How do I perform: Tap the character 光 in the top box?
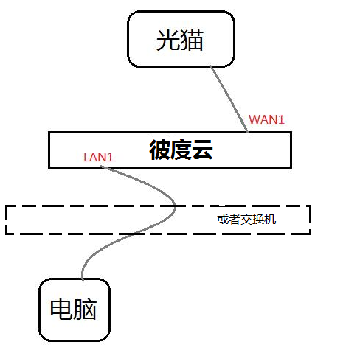click(x=168, y=40)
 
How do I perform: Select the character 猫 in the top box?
click(x=192, y=40)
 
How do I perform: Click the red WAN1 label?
click(x=266, y=119)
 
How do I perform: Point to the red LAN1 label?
click(x=98, y=157)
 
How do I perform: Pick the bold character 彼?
click(x=160, y=150)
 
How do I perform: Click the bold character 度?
click(x=181, y=150)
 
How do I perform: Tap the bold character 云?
click(x=202, y=150)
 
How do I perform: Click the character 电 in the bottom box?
click(x=61, y=309)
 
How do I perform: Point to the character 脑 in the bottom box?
click(x=85, y=309)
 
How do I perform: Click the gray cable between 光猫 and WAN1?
click(x=229, y=99)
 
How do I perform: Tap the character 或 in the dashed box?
click(x=223, y=219)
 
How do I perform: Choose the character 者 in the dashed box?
click(x=235, y=219)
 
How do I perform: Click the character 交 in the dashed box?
click(x=246, y=219)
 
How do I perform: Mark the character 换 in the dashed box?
click(x=258, y=219)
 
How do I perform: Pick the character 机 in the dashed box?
click(x=270, y=219)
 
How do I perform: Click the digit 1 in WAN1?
click(x=282, y=119)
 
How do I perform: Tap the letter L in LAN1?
click(x=86, y=158)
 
